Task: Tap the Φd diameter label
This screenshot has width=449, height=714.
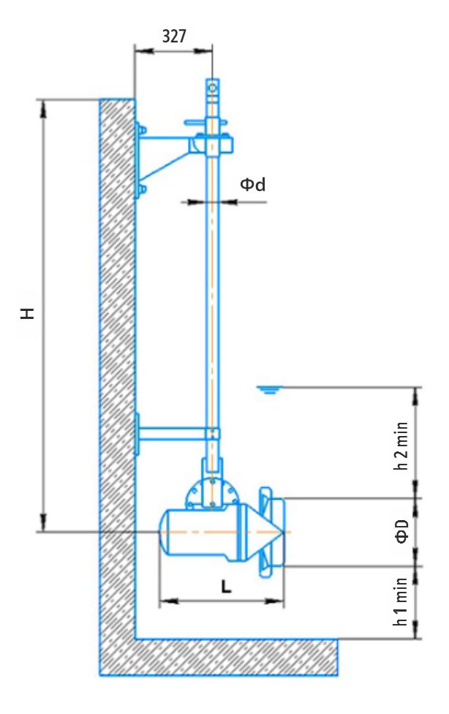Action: (x=252, y=185)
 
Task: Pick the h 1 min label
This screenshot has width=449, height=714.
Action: (x=402, y=601)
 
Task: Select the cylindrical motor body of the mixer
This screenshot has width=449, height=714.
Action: (x=201, y=532)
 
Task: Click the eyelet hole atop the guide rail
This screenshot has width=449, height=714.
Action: (x=212, y=88)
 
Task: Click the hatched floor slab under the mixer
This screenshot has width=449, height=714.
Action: (x=234, y=655)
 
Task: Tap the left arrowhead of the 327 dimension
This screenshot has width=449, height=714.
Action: (x=140, y=50)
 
